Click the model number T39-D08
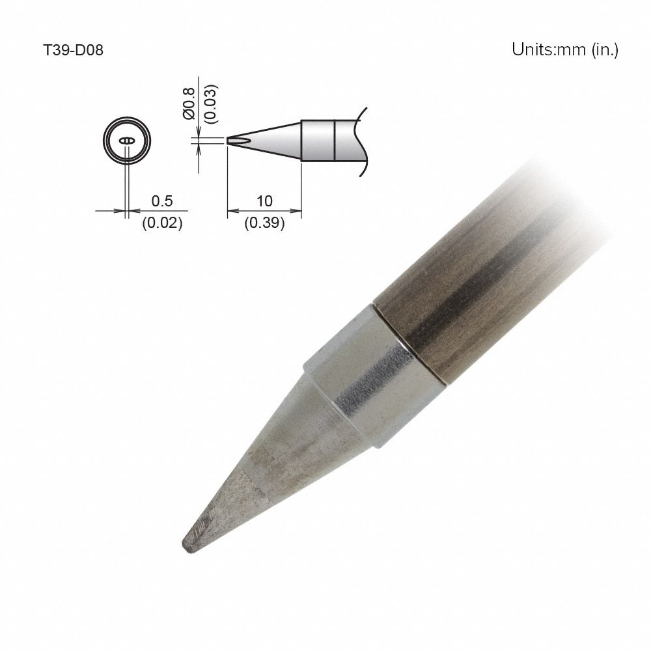[x=72, y=50]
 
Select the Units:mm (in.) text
[x=564, y=50]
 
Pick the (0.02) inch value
[x=161, y=223]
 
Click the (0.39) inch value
[x=264, y=223]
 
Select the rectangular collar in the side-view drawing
[x=318, y=140]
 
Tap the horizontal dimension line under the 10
[x=264, y=211]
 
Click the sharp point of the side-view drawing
[x=228, y=140]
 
